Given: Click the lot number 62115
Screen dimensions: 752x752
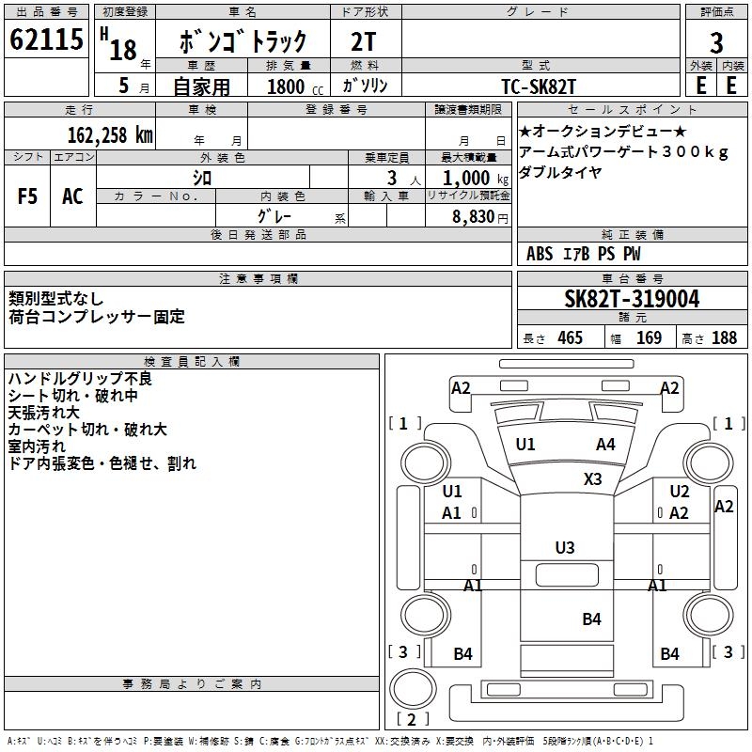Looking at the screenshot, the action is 47,40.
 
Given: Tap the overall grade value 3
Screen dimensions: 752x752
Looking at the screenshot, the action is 716,42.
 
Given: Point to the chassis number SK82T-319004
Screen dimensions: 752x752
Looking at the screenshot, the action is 632,300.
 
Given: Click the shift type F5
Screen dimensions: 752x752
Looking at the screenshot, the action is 28,196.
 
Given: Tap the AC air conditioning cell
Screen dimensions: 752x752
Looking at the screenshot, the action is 72,196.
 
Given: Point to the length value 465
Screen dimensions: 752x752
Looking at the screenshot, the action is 567,338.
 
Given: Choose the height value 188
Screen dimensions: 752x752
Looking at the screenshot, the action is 724,338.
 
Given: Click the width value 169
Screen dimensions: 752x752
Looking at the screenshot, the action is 649,338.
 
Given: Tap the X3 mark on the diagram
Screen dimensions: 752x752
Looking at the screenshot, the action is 592,478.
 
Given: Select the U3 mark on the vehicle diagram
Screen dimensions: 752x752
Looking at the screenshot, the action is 565,547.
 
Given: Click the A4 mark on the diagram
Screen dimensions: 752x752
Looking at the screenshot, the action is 605,445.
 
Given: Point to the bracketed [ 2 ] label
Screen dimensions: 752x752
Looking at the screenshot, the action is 406,720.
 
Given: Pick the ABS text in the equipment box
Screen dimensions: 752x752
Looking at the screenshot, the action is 540,254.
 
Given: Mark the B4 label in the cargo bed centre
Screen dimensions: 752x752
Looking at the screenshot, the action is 591,619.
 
